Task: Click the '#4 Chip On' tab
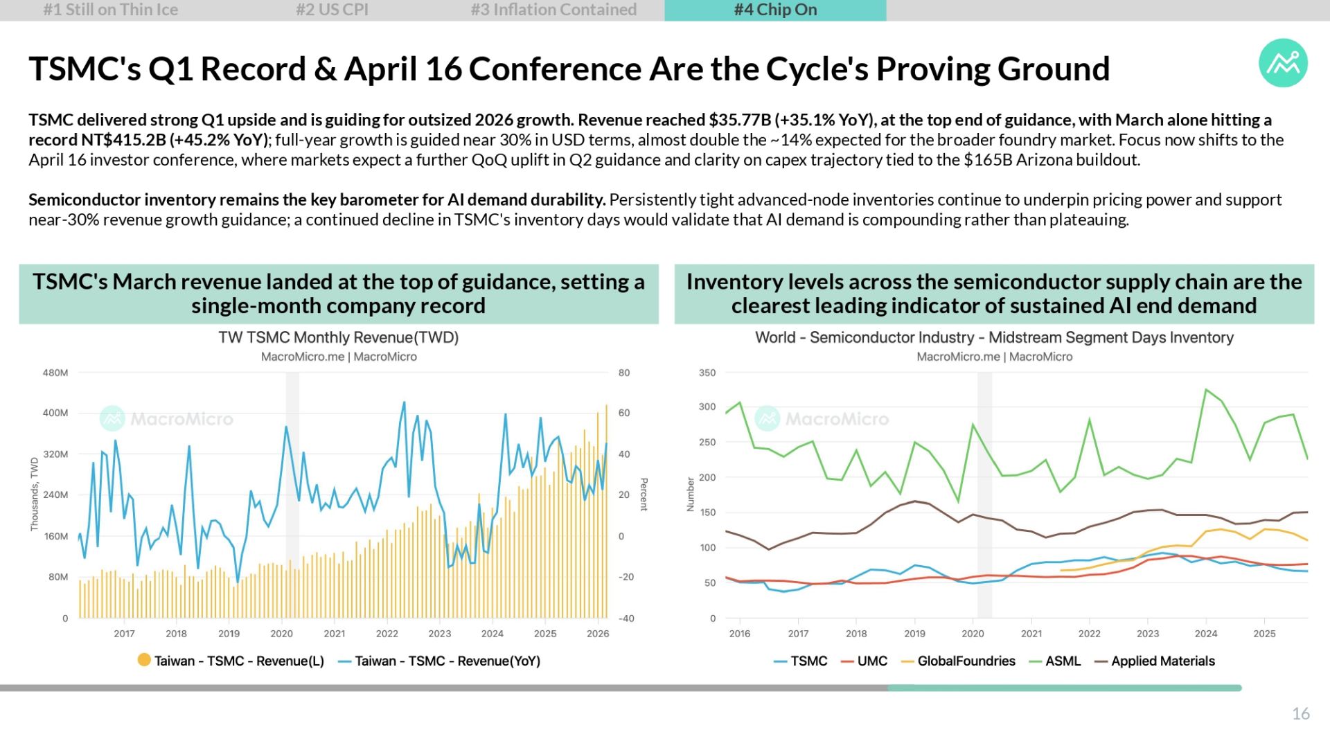click(x=775, y=10)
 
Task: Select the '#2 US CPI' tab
click(x=332, y=10)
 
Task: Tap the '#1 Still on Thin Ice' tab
click(x=111, y=10)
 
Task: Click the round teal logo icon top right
click(x=1283, y=63)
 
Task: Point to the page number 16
click(x=1300, y=714)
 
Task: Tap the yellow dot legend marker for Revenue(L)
click(x=144, y=660)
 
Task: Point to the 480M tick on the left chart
click(x=55, y=373)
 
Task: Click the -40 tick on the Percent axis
click(x=626, y=618)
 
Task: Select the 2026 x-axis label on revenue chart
click(x=598, y=634)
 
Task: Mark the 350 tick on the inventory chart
click(x=707, y=373)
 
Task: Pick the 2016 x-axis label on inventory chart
click(x=740, y=634)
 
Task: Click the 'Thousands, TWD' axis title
click(x=35, y=495)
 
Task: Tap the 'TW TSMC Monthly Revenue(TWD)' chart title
click(x=339, y=337)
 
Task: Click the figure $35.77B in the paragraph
click(x=740, y=120)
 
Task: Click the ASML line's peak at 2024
click(x=1206, y=390)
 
